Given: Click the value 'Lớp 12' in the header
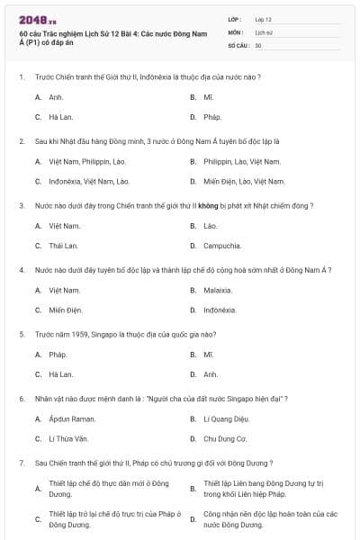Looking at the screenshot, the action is tap(263, 18).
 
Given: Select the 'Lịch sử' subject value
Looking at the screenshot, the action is tap(263, 31).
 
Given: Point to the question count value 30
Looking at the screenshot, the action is tap(258, 45).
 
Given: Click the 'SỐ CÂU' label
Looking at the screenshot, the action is tap(238, 45).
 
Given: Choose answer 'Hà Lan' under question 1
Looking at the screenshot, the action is tap(60, 117).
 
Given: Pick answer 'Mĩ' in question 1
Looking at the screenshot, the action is tap(208, 96).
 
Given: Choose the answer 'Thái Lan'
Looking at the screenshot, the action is tap(63, 246).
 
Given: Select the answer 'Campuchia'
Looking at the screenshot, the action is tap(221, 246).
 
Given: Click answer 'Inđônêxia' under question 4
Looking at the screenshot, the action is tap(220, 310).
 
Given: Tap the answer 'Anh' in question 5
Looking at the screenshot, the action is tap(210, 374).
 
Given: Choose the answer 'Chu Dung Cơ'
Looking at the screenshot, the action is tap(224, 439).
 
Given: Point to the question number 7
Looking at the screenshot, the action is tap(21, 463).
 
